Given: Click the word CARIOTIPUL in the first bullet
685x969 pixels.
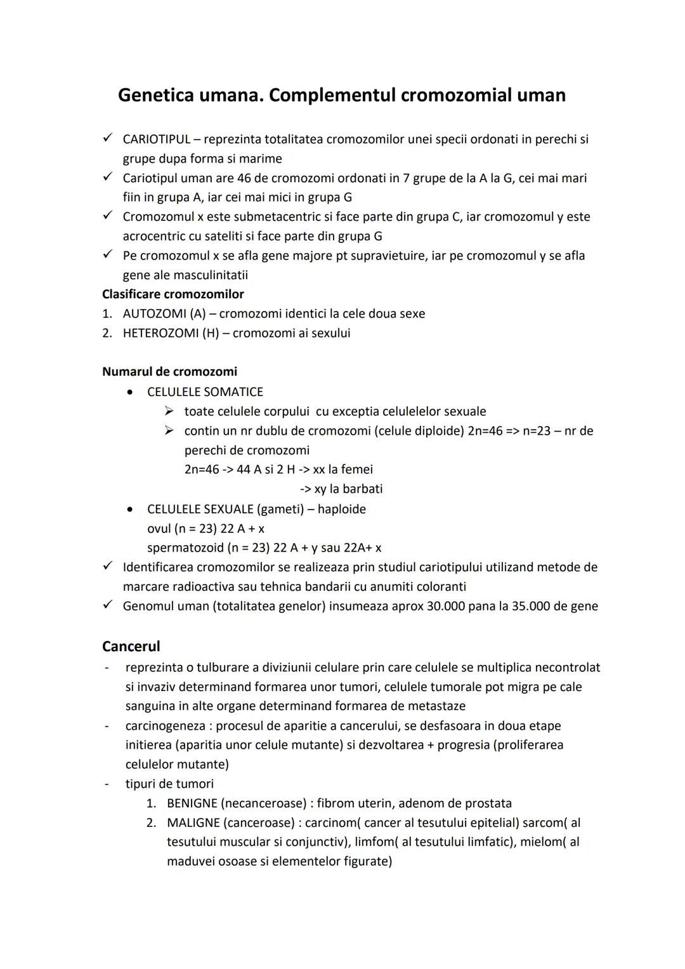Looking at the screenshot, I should (156, 139).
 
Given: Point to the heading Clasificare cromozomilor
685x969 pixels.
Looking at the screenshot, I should (173, 294).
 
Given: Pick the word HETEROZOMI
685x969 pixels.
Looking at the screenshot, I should (161, 333).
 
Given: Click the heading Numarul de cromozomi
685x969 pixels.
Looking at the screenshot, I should (169, 372).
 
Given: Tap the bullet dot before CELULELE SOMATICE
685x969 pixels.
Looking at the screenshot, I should (130, 392).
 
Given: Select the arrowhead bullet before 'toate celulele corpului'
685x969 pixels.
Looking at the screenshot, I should (169, 412).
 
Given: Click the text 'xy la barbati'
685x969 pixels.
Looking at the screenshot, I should (348, 489).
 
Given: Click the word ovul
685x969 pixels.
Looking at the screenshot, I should (159, 529).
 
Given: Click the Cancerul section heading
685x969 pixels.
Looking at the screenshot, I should (131, 647).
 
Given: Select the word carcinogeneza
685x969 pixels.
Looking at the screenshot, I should (165, 725).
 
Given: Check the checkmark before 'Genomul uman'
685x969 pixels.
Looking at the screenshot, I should (108, 605).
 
